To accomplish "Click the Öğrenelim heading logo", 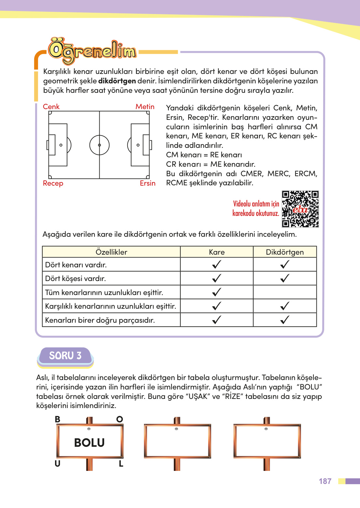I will [x=92, y=51].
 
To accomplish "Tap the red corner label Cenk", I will [x=51, y=107].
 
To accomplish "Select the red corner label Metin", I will [x=145, y=107].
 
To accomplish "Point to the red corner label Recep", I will [x=53, y=183].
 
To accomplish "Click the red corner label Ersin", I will [x=147, y=183].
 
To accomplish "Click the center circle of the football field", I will [x=99, y=145].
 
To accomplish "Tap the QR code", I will [x=300, y=209].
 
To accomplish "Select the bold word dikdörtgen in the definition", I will [x=117, y=81].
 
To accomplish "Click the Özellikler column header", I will [x=111, y=252].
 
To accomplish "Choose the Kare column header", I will [x=217, y=252].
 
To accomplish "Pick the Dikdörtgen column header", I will [x=285, y=252].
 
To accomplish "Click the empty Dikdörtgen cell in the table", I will [x=285, y=292].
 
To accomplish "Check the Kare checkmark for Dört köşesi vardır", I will [x=216, y=278].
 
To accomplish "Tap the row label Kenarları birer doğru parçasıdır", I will [x=100, y=320].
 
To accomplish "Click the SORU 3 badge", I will [x=65, y=356].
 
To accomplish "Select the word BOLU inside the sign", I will [x=90, y=443].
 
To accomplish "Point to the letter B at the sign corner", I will [x=58, y=419].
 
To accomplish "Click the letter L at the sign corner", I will [x=121, y=464].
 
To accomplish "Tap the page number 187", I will [x=325, y=481].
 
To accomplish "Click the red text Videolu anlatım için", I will [x=256, y=204].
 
